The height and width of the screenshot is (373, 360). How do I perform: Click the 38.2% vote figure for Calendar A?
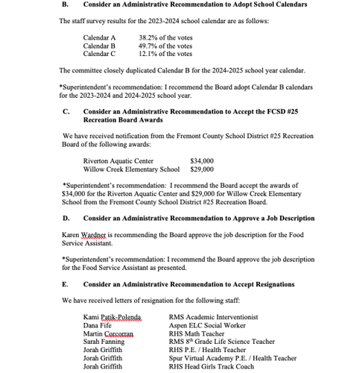(165, 37)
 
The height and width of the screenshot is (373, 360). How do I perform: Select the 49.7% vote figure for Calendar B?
(165, 46)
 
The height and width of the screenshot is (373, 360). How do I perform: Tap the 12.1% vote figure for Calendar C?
(165, 54)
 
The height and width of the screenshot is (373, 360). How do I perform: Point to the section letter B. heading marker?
(65, 4)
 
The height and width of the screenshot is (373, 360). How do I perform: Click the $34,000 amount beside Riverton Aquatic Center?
(202, 160)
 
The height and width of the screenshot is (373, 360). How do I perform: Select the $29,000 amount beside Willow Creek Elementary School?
(202, 169)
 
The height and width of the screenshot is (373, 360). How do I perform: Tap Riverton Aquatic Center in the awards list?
(119, 160)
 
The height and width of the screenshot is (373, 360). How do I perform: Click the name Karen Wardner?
(84, 235)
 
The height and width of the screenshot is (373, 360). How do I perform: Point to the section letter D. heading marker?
(65, 219)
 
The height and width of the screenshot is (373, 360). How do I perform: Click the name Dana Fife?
(98, 325)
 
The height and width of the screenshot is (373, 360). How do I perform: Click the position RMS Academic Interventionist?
(214, 317)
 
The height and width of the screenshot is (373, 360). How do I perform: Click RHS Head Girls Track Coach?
(211, 366)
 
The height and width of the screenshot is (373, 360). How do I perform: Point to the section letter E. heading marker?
(65, 284)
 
